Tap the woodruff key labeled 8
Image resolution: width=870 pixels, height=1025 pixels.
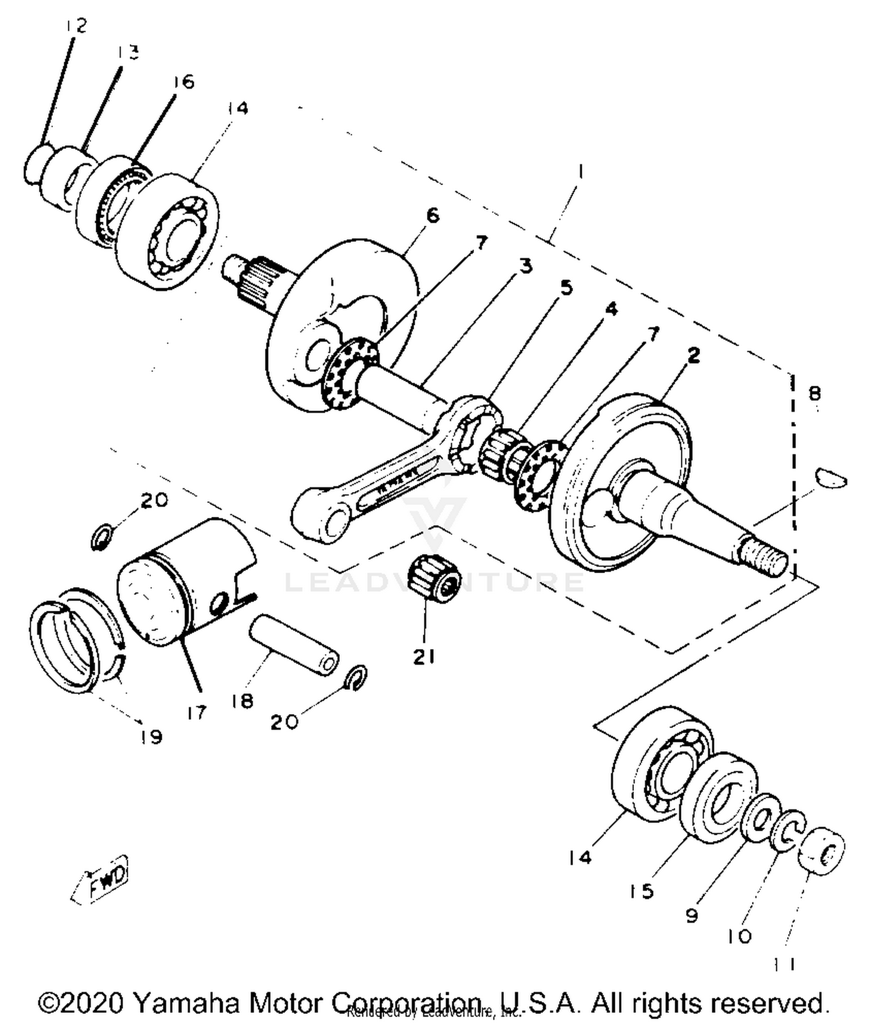click(831, 478)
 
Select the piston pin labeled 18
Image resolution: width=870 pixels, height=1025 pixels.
click(293, 644)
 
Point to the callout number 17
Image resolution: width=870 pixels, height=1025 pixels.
click(197, 712)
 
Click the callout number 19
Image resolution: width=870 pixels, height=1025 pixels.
click(152, 737)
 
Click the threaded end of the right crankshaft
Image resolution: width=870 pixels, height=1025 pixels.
click(766, 556)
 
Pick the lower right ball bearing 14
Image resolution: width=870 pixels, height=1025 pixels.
click(661, 763)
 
